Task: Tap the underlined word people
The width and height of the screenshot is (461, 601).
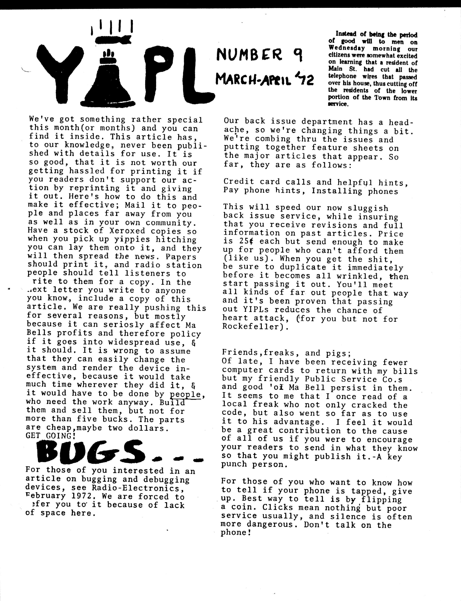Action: (185, 394)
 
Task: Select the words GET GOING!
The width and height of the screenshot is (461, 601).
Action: (51, 436)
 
